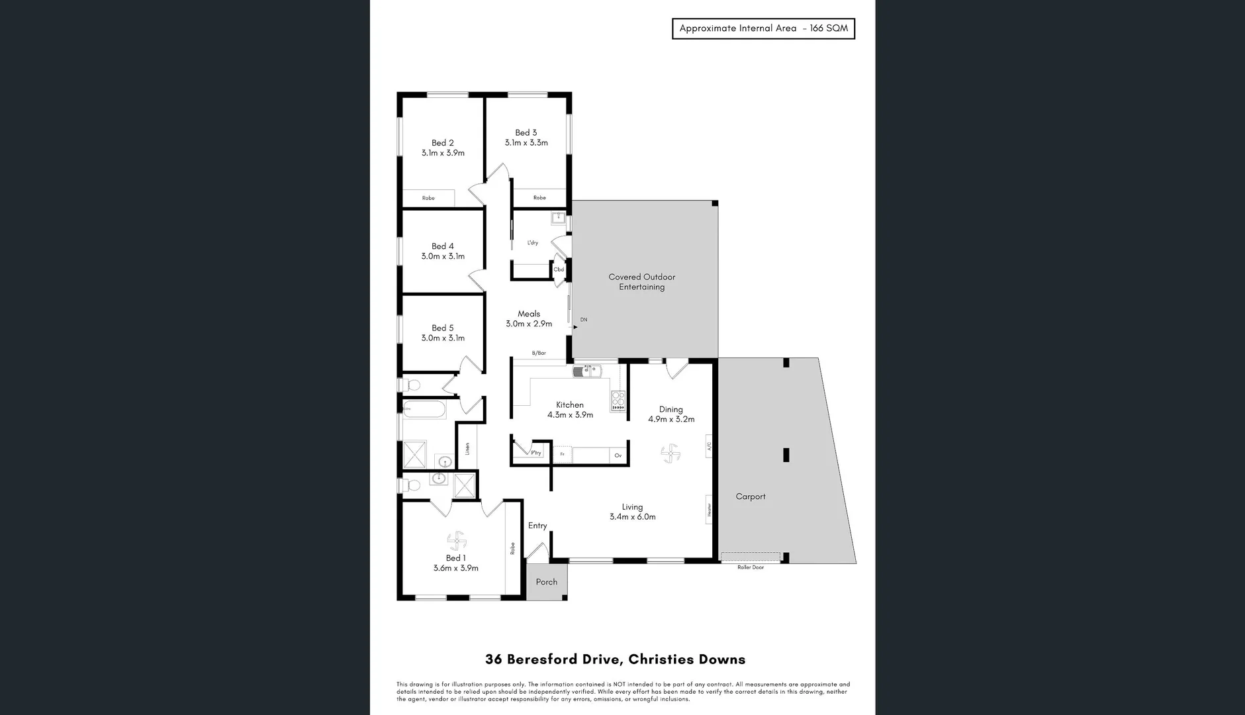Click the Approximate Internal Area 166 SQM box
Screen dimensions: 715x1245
(x=763, y=28)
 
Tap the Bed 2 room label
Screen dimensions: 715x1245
(x=442, y=142)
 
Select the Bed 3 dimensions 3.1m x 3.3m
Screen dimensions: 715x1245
(x=526, y=143)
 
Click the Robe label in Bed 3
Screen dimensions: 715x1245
(x=539, y=198)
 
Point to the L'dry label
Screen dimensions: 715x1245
(x=532, y=243)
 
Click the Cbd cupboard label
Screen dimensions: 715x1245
(x=559, y=269)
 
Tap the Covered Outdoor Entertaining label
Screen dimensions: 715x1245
(x=641, y=282)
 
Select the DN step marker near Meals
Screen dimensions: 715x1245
(x=583, y=320)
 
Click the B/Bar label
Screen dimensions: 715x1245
(x=539, y=354)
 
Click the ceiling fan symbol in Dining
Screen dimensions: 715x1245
(x=670, y=453)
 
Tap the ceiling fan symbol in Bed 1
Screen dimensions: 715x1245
(x=456, y=541)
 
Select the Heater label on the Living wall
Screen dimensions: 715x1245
(x=709, y=509)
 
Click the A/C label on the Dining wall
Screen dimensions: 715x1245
(x=709, y=447)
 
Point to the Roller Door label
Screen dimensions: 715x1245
(x=751, y=567)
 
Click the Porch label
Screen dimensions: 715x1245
(x=546, y=582)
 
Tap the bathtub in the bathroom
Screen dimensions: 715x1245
(x=424, y=410)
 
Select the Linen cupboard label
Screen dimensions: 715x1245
(x=467, y=449)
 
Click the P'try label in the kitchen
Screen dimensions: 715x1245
(x=536, y=453)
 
